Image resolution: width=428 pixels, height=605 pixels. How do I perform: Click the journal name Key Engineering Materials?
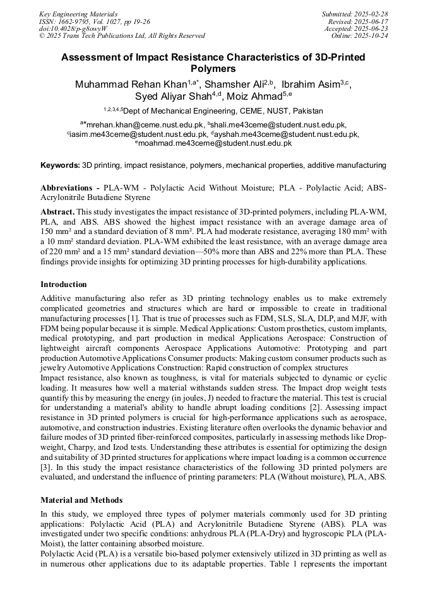[x=78, y=14]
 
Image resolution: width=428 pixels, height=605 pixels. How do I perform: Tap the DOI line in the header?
[x=73, y=28]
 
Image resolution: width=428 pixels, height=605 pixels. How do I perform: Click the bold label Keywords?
[x=60, y=165]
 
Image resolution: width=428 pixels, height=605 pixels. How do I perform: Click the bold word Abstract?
[x=57, y=212]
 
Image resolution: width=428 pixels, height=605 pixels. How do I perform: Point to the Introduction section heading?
[x=64, y=285]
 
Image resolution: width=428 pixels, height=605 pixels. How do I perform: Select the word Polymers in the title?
[x=213, y=69]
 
